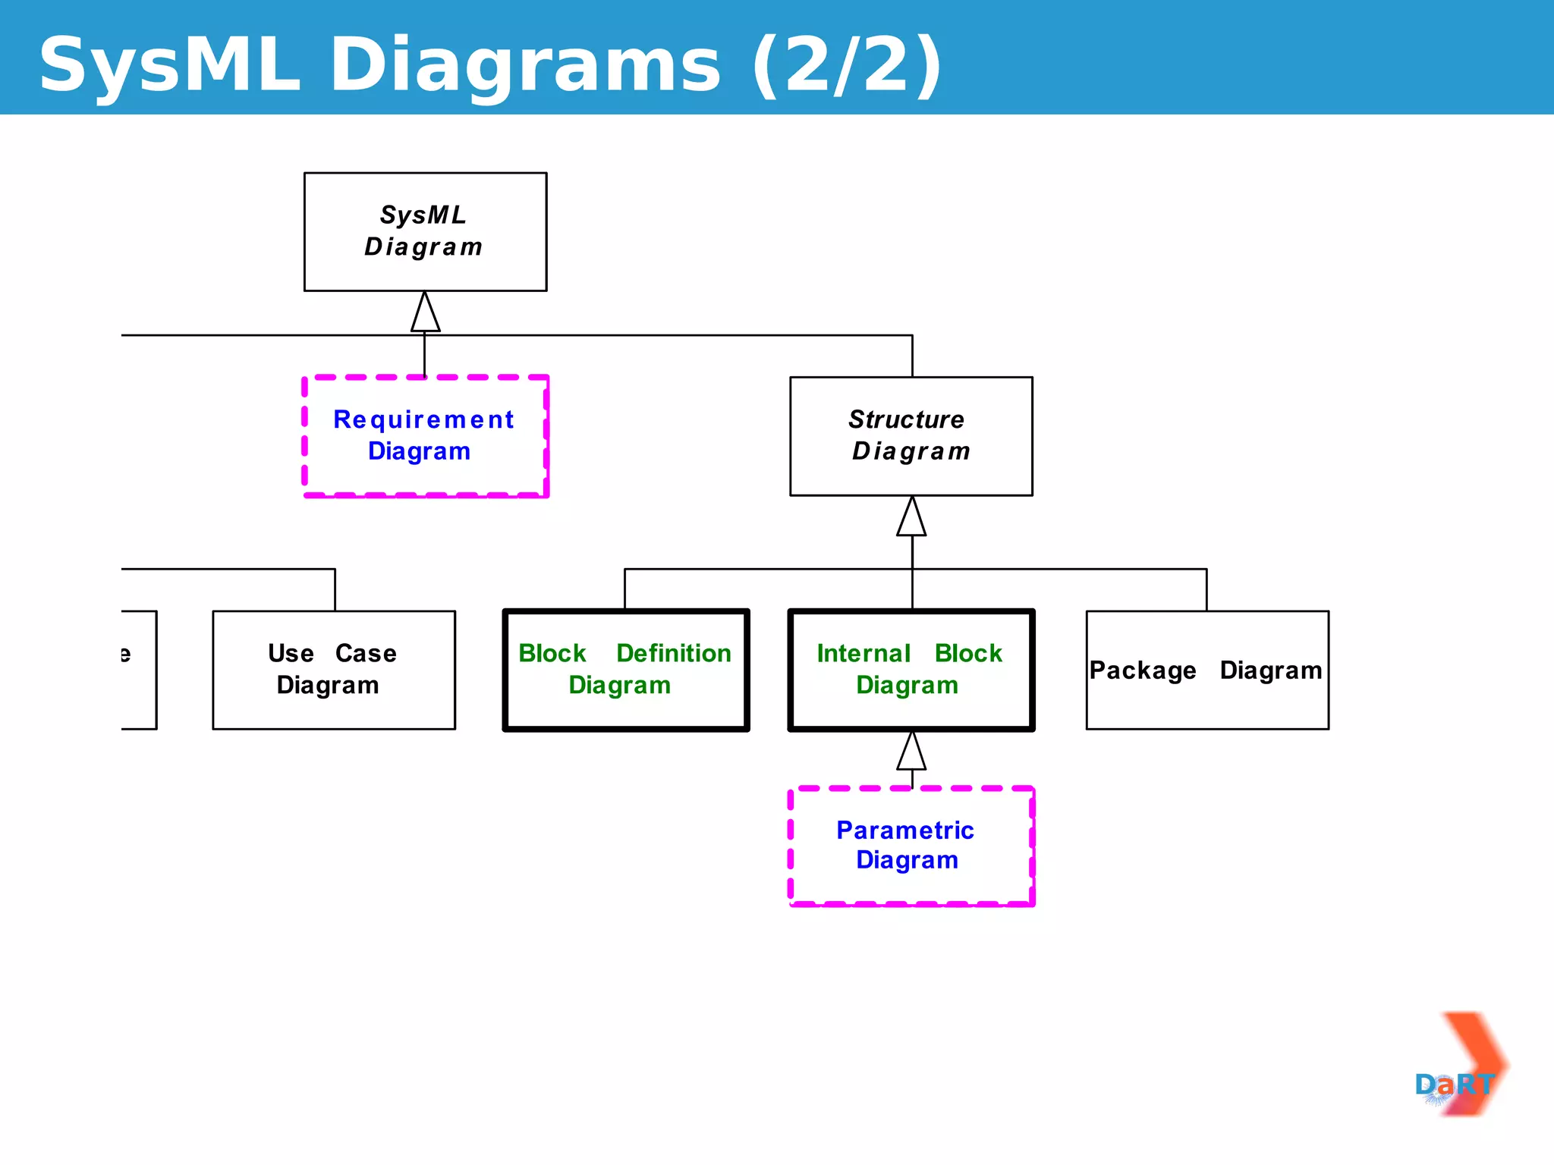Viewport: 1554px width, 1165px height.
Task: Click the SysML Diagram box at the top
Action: pos(425,231)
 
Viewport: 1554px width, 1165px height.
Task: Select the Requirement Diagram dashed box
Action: pos(425,436)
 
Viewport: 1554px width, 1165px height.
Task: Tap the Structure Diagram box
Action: pos(911,436)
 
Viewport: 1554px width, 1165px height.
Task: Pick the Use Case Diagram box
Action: pos(334,670)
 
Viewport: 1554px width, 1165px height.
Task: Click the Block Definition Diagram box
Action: pos(625,670)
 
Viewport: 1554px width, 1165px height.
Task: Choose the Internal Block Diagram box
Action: pos(911,670)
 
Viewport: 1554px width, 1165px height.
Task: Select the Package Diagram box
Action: pos(1206,670)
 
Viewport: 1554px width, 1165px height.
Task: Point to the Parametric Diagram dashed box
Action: pos(911,846)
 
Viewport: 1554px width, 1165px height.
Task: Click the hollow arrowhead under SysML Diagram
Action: pos(425,313)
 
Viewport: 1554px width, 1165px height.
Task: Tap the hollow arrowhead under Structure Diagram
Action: pos(911,518)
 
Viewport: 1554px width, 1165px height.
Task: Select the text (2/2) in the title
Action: pos(847,67)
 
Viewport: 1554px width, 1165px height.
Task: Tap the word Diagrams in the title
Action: pos(524,67)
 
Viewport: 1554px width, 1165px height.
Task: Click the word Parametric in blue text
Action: pos(904,831)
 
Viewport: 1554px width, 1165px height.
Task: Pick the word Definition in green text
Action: pos(673,653)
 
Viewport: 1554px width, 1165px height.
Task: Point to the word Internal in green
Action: pos(863,653)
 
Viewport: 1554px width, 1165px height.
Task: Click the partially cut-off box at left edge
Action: pos(138,670)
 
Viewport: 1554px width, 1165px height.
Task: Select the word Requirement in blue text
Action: pos(423,419)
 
